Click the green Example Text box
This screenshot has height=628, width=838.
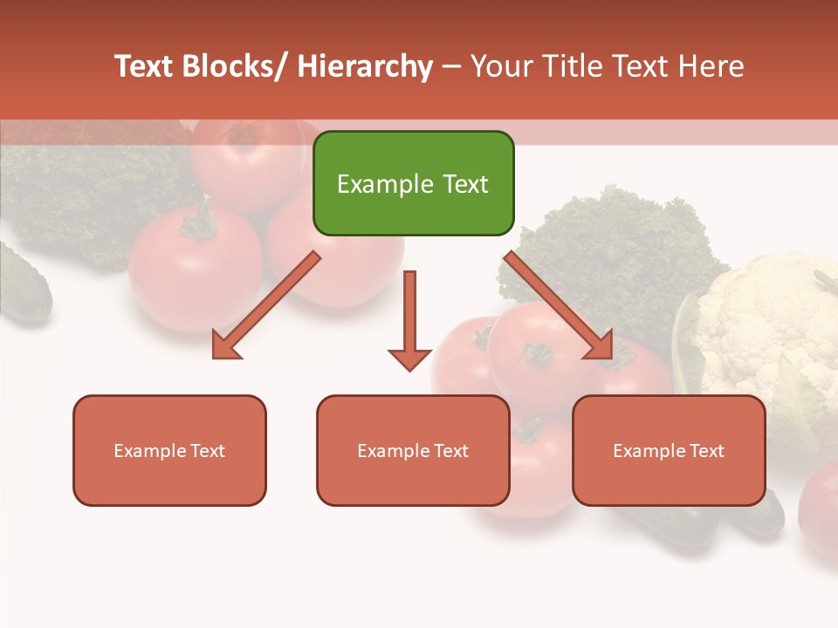pyautogui.click(x=413, y=183)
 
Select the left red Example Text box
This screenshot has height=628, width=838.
pyautogui.click(x=169, y=450)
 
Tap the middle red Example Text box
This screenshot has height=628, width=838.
pyautogui.click(x=413, y=450)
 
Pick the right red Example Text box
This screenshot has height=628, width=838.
pyautogui.click(x=669, y=450)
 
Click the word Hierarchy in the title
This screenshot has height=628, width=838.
pyautogui.click(x=365, y=66)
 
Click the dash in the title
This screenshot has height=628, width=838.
pyautogui.click(x=451, y=66)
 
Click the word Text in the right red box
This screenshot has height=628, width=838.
pyautogui.click(x=706, y=450)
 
